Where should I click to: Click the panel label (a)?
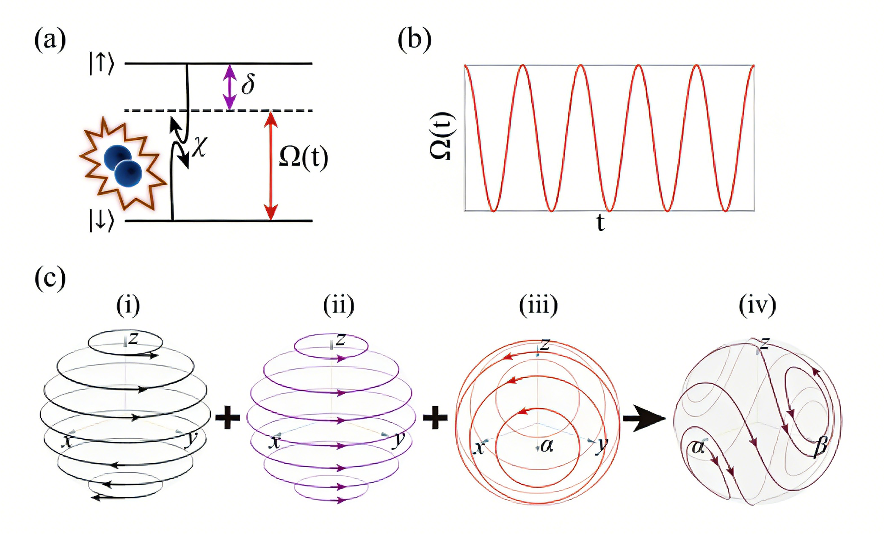pyautogui.click(x=50, y=40)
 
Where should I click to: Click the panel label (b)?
pyautogui.click(x=414, y=40)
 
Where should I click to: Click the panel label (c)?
pyautogui.click(x=50, y=278)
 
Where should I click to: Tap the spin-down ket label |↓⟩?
pyautogui.click(x=101, y=221)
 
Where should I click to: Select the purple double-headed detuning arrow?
pyautogui.click(x=229, y=87)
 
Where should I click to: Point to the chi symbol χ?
pyautogui.click(x=199, y=147)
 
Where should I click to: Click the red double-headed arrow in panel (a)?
pyautogui.click(x=271, y=165)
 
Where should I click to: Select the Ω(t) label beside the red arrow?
pyautogui.click(x=304, y=158)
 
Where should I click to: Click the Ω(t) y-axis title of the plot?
pyautogui.click(x=442, y=136)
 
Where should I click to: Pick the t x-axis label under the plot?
pyautogui.click(x=600, y=222)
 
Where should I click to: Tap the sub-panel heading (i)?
pyautogui.click(x=128, y=305)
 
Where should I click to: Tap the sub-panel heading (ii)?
pyautogui.click(x=339, y=305)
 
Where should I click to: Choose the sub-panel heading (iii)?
pyautogui.click(x=539, y=305)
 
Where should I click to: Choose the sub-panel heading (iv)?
pyautogui.click(x=757, y=305)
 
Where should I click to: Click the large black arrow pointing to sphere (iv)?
pyautogui.click(x=644, y=418)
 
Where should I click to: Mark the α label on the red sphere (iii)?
pyautogui.click(x=547, y=445)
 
